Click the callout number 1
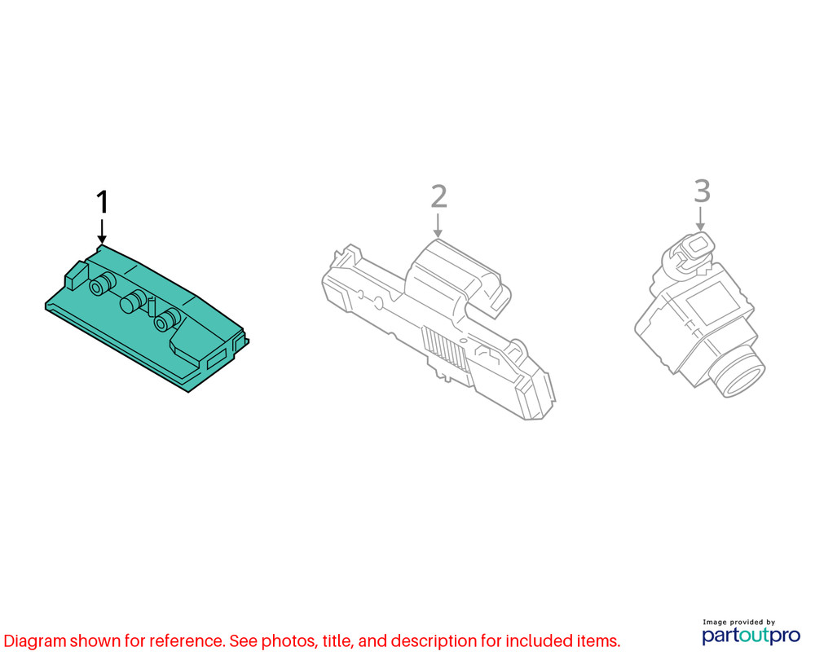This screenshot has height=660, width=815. (x=103, y=201)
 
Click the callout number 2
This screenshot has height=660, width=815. (x=439, y=196)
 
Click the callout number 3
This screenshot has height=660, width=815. (x=703, y=191)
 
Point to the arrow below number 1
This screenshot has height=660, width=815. (x=102, y=231)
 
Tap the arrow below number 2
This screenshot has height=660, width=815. (x=438, y=226)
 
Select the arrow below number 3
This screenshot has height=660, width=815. (x=700, y=219)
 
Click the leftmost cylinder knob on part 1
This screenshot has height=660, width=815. (x=103, y=284)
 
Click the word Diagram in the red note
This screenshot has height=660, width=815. (x=35, y=641)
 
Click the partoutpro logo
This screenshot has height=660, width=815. (x=751, y=635)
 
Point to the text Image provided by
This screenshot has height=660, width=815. (x=738, y=622)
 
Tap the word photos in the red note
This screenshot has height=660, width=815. (x=289, y=641)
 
